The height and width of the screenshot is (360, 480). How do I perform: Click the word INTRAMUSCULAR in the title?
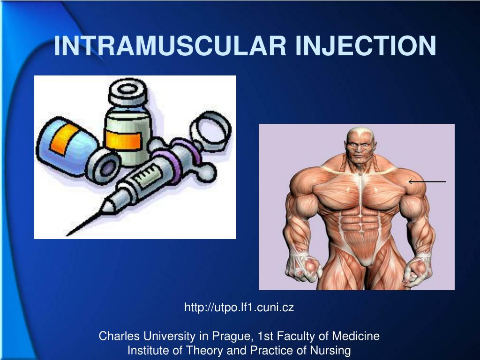[x=170, y=45]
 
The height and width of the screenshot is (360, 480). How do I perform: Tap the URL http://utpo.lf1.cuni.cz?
[x=239, y=307]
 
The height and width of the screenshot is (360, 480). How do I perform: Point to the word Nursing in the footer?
[x=330, y=350]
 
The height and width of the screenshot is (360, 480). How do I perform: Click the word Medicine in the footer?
[x=356, y=336]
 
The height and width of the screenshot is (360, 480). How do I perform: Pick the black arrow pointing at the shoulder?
[x=427, y=181]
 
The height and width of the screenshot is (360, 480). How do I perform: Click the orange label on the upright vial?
[x=123, y=140]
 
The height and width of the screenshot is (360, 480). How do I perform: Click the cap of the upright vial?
[x=128, y=91]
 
